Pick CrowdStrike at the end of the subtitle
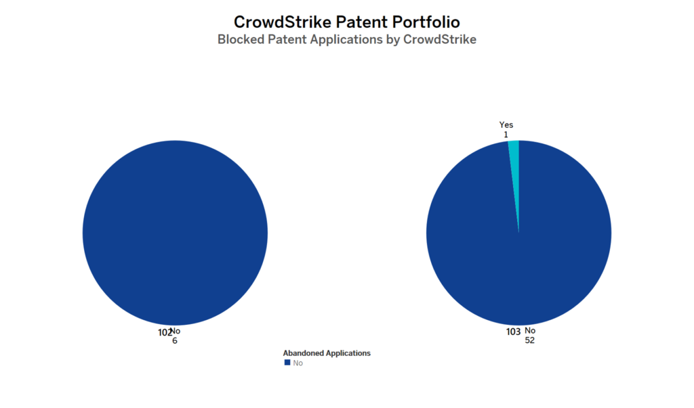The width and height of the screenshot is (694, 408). pyautogui.click(x=440, y=39)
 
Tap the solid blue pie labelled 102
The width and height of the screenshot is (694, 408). pyautogui.click(x=175, y=233)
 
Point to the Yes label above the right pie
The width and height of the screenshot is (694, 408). pyautogui.click(x=506, y=124)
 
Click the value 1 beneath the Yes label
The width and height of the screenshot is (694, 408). pyautogui.click(x=506, y=135)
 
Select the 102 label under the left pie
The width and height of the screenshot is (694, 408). pyautogui.click(x=163, y=332)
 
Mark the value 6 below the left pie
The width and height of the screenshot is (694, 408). pyautogui.click(x=175, y=341)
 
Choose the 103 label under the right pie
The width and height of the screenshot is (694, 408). pyautogui.click(x=513, y=332)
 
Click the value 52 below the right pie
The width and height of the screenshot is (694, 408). pyautogui.click(x=530, y=340)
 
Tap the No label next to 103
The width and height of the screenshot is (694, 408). pyautogui.click(x=530, y=331)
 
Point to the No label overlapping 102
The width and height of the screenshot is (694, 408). pyautogui.click(x=176, y=331)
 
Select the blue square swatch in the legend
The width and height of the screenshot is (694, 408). pyautogui.click(x=287, y=363)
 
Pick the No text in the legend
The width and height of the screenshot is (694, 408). pyautogui.click(x=298, y=363)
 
